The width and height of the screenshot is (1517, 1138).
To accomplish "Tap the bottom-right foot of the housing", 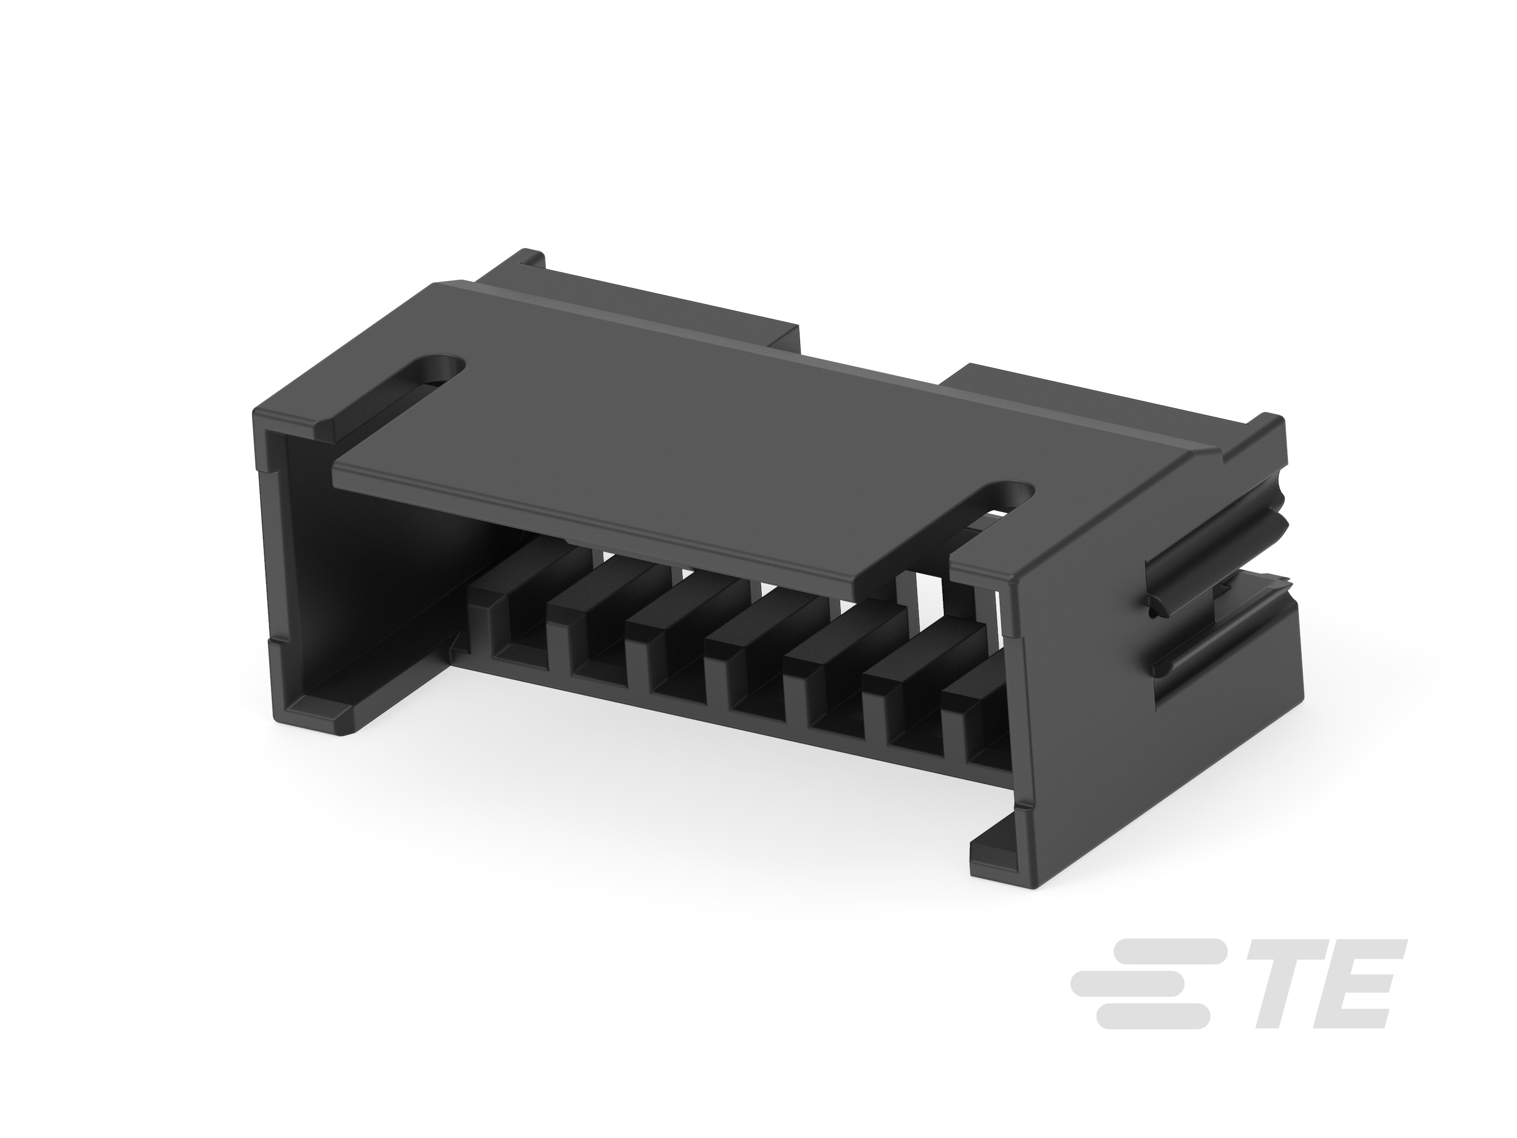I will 994,857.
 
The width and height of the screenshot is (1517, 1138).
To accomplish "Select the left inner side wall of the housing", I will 357,563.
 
